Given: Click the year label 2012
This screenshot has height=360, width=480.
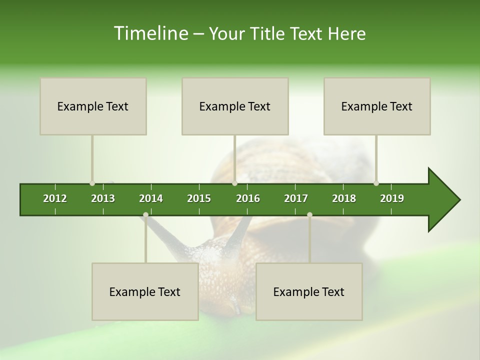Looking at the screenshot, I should [55, 198].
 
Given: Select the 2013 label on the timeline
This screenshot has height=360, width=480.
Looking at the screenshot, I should [103, 198].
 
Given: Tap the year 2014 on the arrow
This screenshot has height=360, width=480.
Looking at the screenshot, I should [151, 198].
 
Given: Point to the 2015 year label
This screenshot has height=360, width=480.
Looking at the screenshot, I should [199, 198].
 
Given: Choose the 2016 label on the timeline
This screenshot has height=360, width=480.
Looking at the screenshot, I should [248, 198].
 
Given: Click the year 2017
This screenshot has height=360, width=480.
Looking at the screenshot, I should [296, 198].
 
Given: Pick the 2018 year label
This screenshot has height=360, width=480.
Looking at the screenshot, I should [344, 198].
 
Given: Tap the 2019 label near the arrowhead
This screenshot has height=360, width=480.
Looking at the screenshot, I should [392, 198].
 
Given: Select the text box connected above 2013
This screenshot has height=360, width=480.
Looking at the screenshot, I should [93, 106].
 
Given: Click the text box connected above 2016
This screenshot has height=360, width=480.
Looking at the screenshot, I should [235, 106].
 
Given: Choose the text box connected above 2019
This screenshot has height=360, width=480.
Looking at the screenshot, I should [377, 106].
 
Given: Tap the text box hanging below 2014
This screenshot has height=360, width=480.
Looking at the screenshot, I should [145, 292].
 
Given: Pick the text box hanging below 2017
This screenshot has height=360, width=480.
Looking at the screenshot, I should [309, 292].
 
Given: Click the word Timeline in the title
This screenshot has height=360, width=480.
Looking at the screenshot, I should [150, 33].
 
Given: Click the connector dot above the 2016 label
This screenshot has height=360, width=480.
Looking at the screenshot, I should [235, 183].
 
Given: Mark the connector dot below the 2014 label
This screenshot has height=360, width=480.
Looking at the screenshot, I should [145, 215].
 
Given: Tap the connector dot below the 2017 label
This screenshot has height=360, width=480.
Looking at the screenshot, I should [309, 215].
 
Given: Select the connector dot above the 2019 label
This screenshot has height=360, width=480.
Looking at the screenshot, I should [376, 183].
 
